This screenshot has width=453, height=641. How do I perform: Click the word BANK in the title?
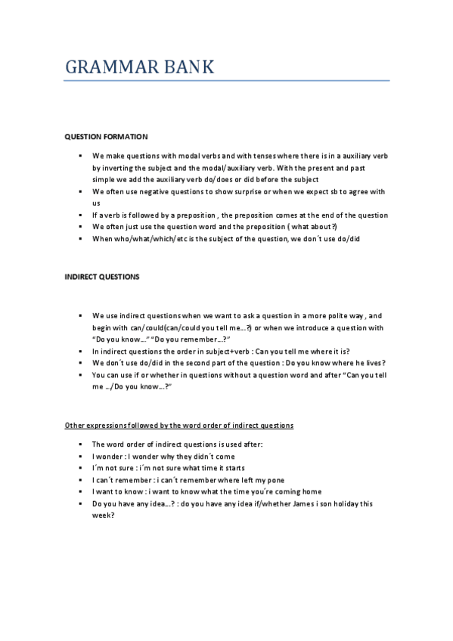coord(190,67)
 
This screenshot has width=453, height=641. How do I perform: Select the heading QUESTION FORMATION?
coord(106,137)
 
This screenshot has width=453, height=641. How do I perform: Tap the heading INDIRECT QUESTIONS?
coord(102,277)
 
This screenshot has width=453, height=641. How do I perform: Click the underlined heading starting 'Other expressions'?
coord(179,426)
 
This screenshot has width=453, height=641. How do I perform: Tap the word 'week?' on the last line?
coord(103,516)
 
